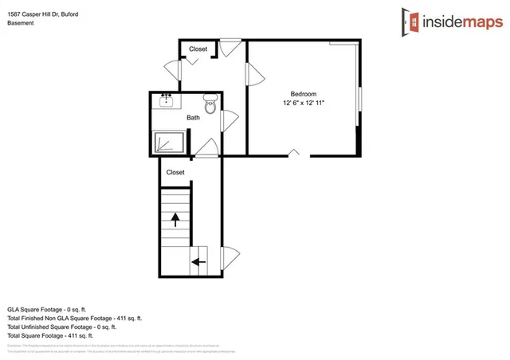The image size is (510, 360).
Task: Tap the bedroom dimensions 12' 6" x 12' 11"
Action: coord(303,103)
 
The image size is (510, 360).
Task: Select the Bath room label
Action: coord(194,118)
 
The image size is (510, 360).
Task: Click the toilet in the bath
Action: coord(211,104)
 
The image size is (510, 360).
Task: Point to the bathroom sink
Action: coord(167,100)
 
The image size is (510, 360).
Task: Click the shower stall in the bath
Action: coord(171,141)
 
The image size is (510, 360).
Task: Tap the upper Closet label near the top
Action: coord(198,49)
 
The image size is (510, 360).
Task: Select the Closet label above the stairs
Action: coord(175,172)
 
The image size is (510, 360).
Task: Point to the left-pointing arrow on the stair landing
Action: coord(198,260)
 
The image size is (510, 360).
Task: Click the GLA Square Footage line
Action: coord(57,308)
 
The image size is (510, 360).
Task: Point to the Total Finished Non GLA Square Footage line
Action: coord(75,318)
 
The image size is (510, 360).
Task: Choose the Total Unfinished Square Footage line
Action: coord(62,327)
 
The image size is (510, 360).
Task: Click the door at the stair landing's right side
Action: coord(231,258)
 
